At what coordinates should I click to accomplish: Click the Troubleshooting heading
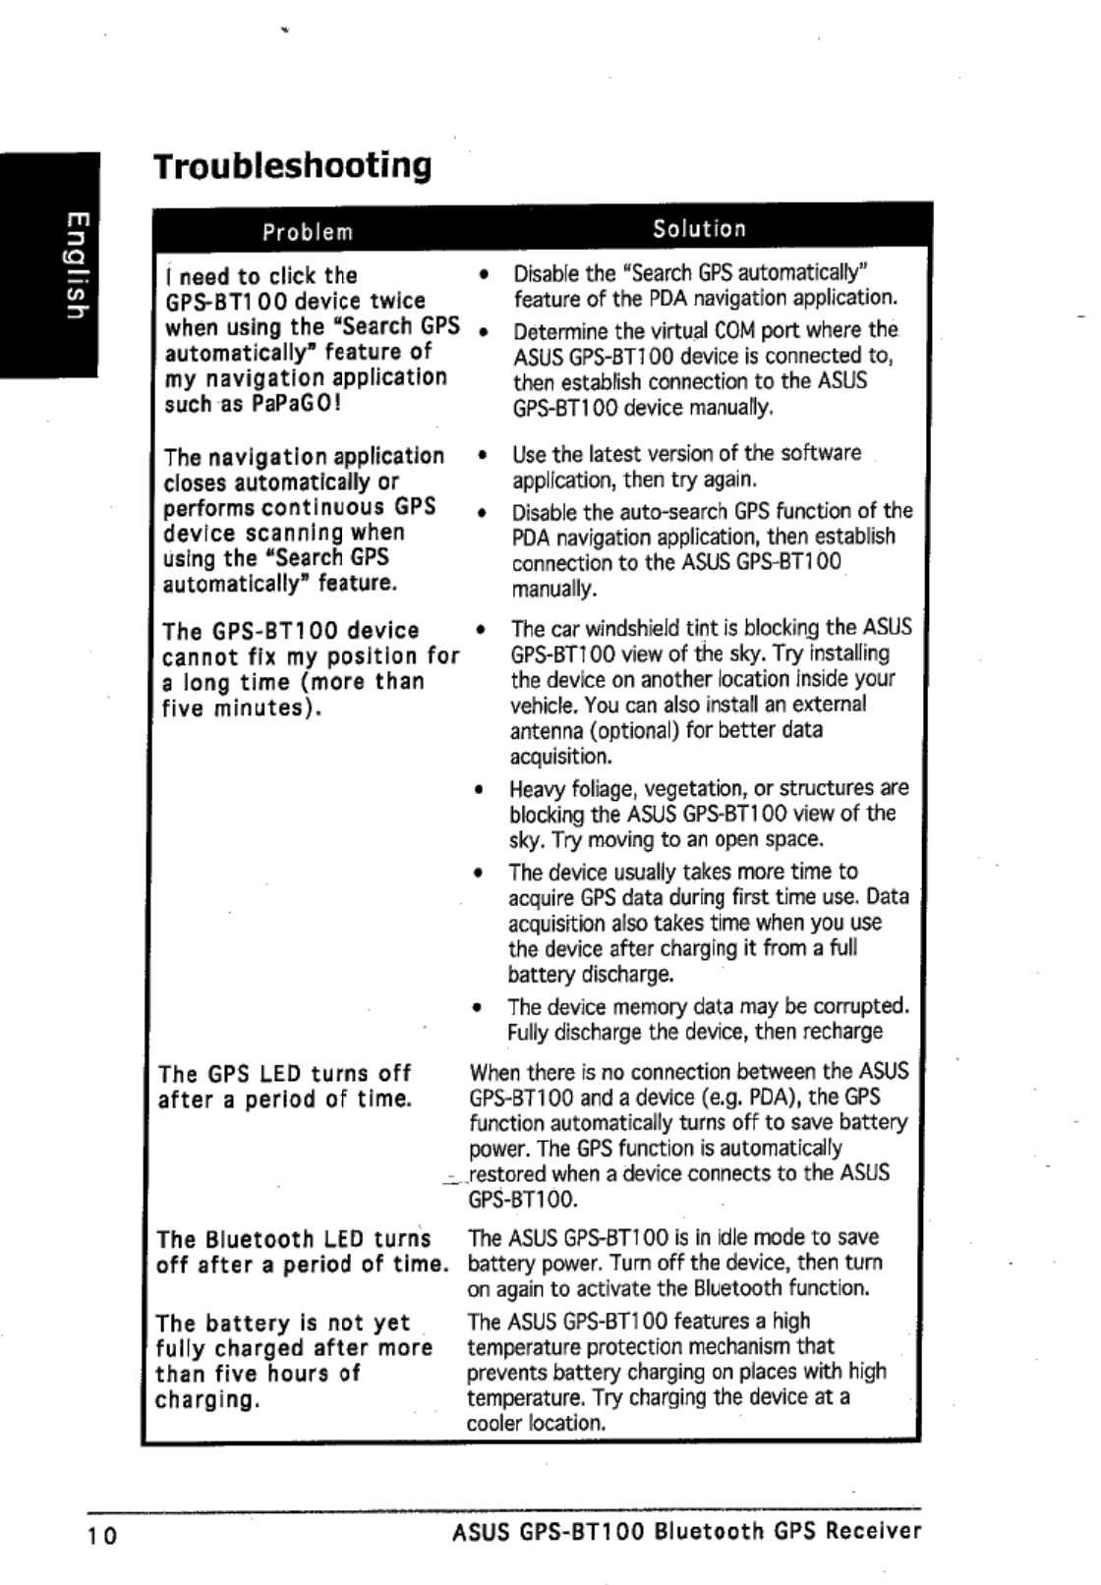coord(293,166)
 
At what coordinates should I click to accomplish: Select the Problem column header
coord(308,233)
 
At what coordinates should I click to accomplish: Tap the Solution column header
coord(700,229)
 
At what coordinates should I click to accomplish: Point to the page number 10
coord(102,1535)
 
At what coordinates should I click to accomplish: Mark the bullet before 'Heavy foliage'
coord(478,789)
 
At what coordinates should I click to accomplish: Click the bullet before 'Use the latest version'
coord(481,455)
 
